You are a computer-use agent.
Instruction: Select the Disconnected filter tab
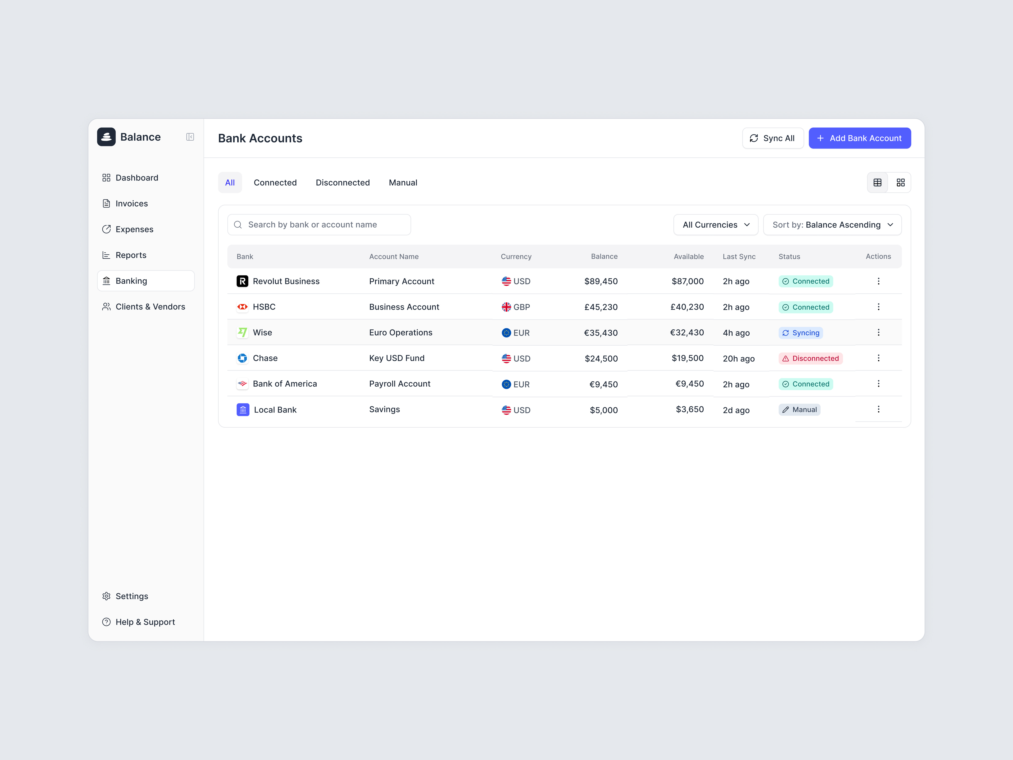[x=343, y=182]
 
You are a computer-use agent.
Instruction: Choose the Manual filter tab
[x=402, y=182]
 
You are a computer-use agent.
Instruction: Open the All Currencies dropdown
[x=715, y=224]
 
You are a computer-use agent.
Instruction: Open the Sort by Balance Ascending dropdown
[x=832, y=224]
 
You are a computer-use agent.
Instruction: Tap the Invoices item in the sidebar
[x=131, y=203]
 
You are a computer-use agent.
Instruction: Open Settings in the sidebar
[x=131, y=596]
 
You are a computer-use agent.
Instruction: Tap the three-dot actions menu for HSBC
[x=878, y=307]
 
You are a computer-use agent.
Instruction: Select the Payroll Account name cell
[x=399, y=384]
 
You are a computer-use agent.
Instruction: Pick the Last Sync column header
[x=739, y=256]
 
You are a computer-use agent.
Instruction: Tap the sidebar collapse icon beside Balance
[x=190, y=137]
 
